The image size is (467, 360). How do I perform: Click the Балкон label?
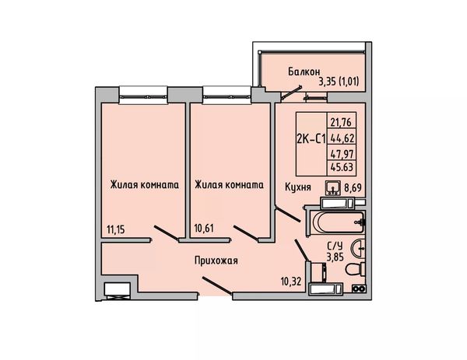point(304,72)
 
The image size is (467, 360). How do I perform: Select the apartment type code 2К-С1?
point(311,138)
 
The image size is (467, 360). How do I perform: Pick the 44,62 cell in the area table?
point(342,138)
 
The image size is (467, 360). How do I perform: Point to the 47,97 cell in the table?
point(342,154)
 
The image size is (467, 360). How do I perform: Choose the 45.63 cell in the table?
point(342,167)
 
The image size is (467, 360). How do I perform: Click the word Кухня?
point(298,187)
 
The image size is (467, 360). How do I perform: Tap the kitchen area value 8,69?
point(353,187)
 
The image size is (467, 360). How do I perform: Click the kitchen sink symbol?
point(332,187)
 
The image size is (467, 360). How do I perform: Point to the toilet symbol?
point(355,269)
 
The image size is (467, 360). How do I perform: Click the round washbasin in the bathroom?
point(358,247)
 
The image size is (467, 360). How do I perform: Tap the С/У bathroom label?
point(335,246)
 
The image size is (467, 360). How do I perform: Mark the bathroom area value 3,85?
point(335,257)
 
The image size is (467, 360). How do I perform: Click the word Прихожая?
point(216,260)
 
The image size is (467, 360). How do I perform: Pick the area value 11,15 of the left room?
point(115,229)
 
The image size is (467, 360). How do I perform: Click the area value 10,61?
point(204,229)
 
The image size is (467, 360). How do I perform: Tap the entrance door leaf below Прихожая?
point(217,286)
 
